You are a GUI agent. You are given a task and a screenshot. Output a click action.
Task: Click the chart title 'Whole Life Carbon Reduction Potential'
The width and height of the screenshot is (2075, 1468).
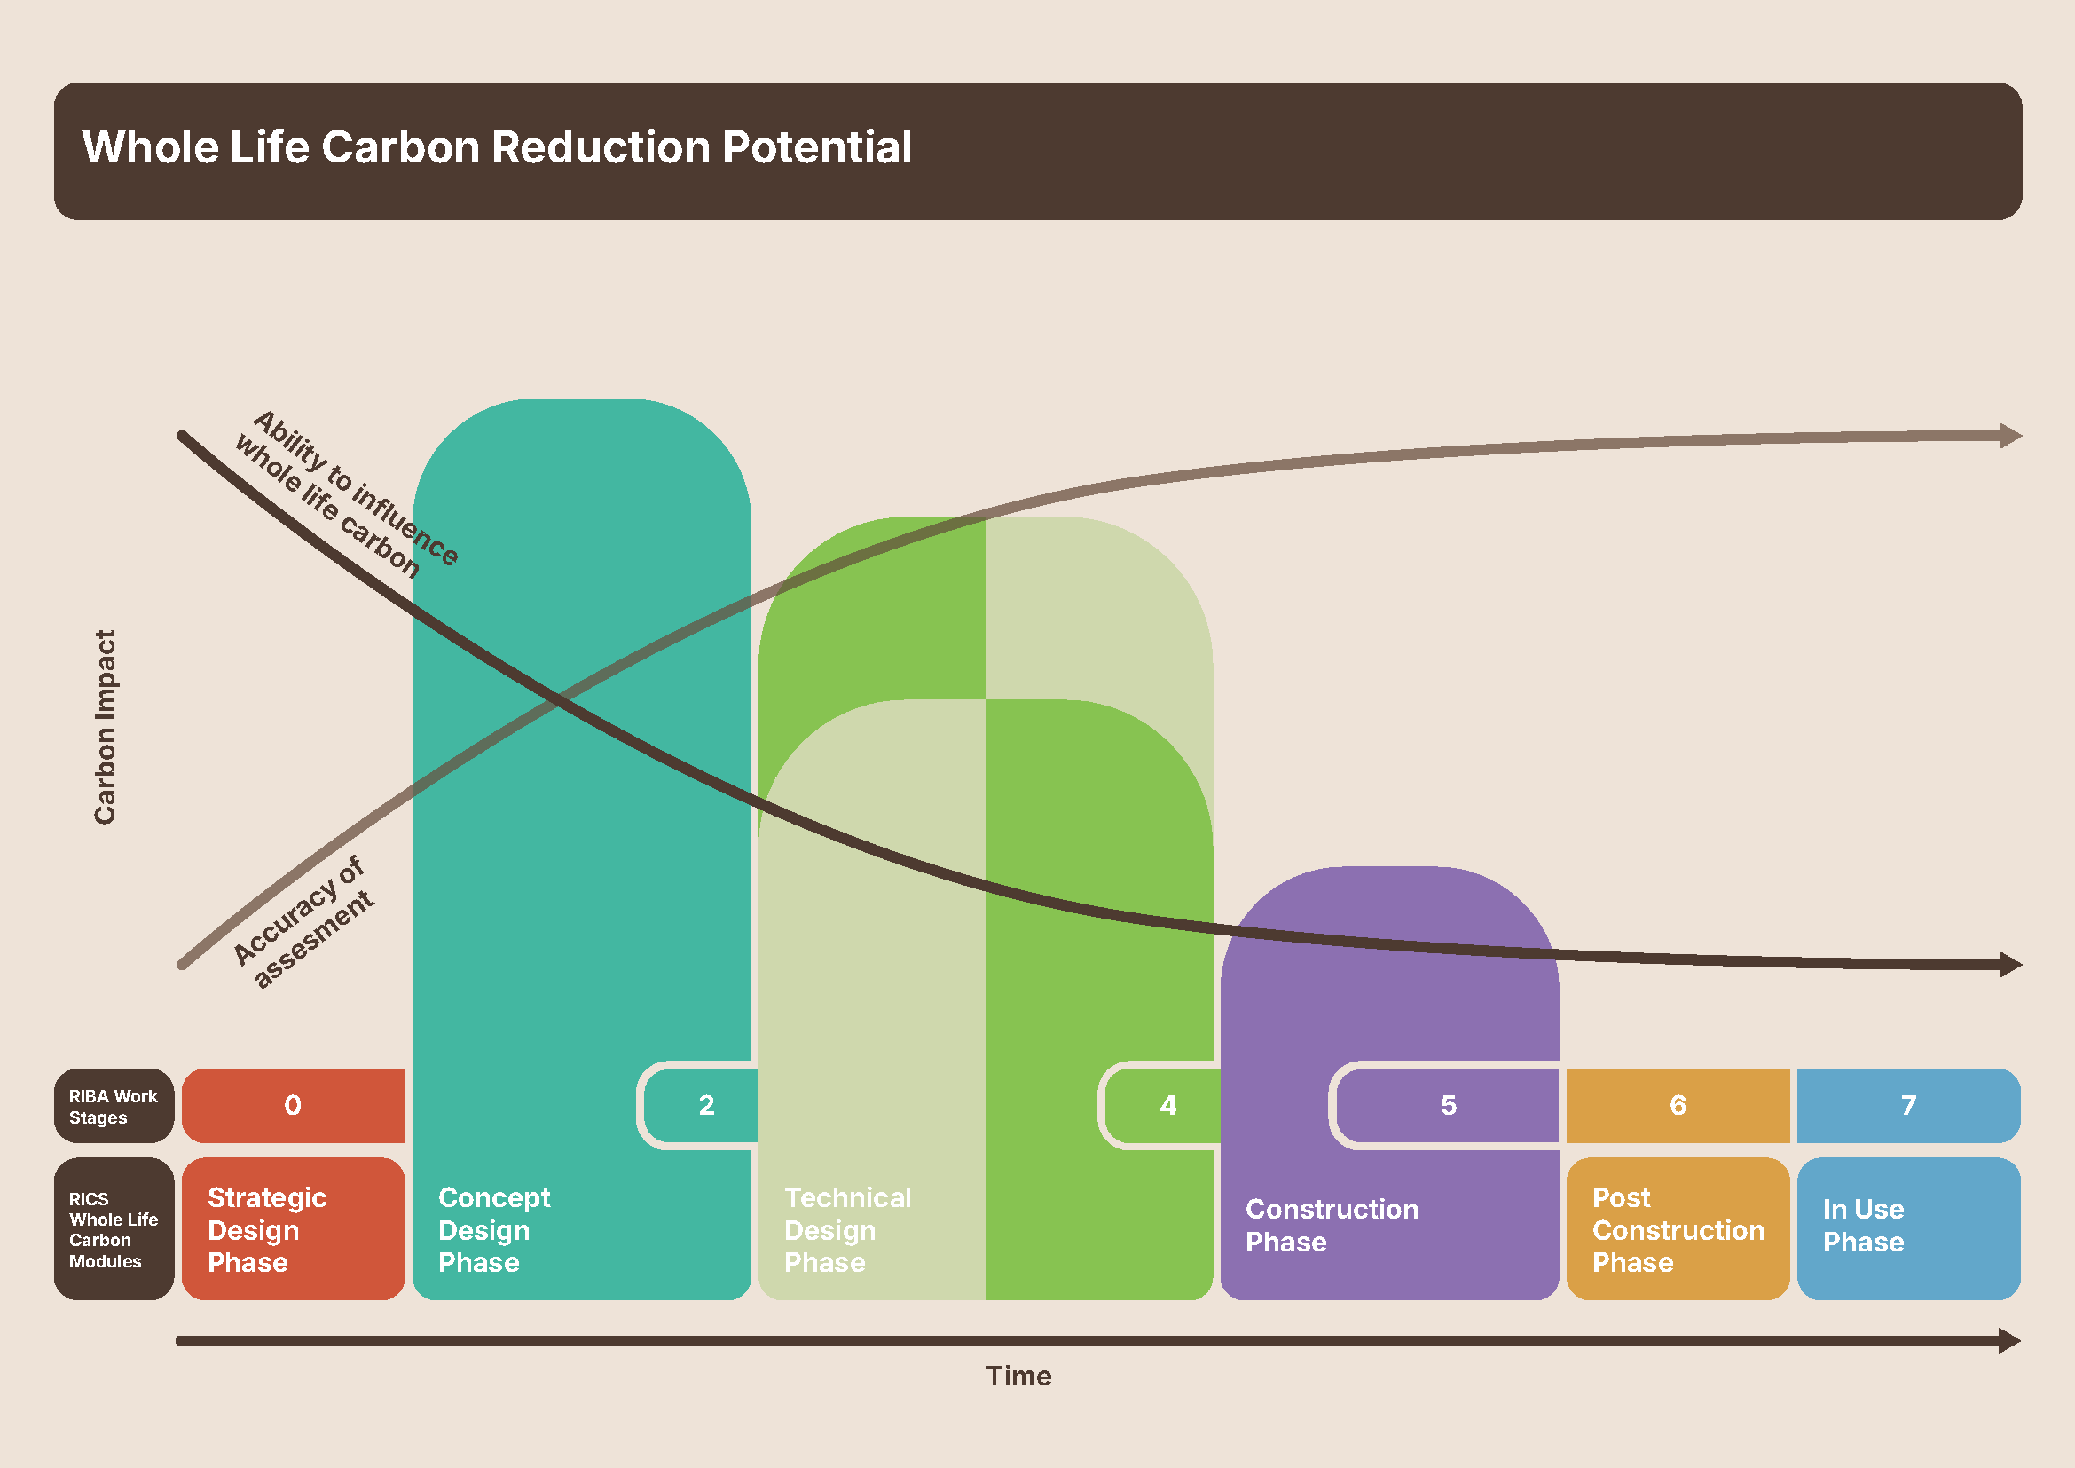[496, 147]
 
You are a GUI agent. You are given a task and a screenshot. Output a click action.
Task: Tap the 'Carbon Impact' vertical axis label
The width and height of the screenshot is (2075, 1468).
[106, 727]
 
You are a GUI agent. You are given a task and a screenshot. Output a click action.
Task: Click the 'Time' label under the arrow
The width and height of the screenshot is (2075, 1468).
[1018, 1376]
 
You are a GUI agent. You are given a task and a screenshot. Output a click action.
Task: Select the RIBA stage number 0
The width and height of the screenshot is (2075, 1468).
[293, 1105]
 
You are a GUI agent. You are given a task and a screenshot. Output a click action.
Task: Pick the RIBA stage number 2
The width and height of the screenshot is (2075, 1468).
[707, 1105]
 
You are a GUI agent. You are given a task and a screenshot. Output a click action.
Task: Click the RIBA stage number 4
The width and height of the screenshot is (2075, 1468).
[1167, 1105]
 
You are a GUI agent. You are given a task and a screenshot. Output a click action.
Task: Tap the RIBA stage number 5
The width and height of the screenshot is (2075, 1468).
[1449, 1105]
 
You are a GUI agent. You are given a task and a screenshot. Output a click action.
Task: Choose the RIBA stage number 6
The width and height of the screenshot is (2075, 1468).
[1678, 1105]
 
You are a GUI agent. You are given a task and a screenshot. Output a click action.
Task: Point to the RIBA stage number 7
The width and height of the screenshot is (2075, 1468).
[1908, 1105]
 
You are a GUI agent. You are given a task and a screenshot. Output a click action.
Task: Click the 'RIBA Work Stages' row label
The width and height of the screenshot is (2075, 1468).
[113, 1107]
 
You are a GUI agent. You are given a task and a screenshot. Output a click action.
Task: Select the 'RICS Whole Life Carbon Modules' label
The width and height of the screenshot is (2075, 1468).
[113, 1229]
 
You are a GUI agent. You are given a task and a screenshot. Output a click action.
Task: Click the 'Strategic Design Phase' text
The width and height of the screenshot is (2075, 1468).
[267, 1229]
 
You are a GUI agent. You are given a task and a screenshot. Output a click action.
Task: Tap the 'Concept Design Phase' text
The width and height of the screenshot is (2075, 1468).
[493, 1229]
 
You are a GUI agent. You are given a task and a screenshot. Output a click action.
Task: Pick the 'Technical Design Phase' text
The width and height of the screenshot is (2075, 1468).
[847, 1229]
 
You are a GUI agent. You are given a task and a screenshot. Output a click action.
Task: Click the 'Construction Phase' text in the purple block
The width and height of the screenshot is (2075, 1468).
[1332, 1225]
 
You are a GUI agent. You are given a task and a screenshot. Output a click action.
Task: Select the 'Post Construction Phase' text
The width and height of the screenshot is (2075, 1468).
[1678, 1229]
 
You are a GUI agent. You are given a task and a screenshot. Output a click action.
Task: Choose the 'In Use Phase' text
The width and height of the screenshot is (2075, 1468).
[1863, 1225]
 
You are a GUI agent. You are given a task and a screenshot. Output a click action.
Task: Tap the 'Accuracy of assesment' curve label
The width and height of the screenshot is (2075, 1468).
[303, 922]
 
